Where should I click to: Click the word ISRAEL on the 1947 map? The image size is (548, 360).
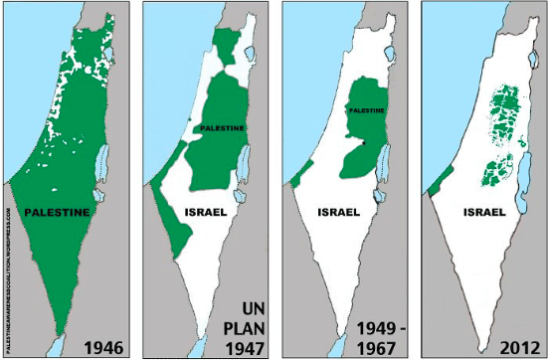[206, 212]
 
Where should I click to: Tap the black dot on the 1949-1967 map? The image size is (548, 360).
[364, 144]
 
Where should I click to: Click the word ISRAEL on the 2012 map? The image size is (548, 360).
[484, 212]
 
